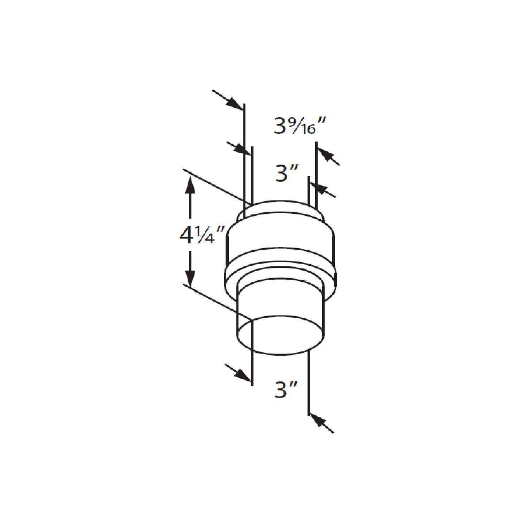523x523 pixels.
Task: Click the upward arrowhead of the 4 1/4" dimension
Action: point(190,185)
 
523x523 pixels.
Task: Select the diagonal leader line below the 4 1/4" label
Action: point(216,302)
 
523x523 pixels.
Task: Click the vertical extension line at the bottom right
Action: point(309,384)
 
